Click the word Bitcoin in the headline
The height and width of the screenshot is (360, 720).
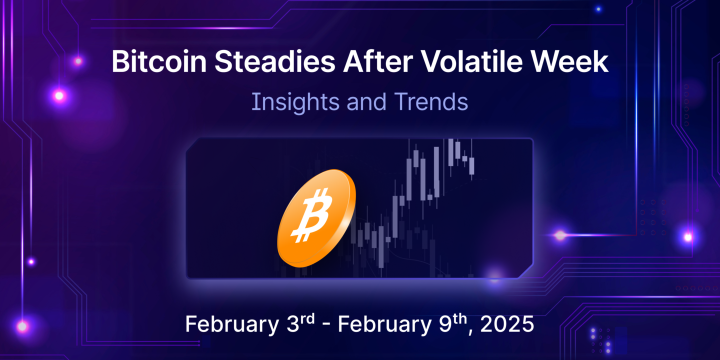tap(159, 61)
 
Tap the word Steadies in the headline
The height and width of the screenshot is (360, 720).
tap(275, 61)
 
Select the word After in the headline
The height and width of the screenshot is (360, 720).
tap(378, 61)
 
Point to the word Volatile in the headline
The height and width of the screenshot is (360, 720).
tap(472, 61)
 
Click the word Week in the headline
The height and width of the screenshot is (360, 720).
tap(569, 61)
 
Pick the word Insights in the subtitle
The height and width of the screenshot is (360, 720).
tap(295, 102)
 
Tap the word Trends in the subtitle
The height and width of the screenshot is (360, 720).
tap(431, 102)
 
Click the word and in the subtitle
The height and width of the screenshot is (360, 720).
tap(366, 102)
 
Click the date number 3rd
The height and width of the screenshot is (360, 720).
tap(300, 322)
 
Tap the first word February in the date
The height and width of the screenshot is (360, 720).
tap(232, 324)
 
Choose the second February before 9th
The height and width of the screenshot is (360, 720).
tap(384, 324)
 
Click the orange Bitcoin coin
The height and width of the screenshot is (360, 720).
tap(316, 218)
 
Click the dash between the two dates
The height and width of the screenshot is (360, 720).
tap(326, 325)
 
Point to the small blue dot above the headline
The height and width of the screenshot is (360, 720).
tap(598, 9)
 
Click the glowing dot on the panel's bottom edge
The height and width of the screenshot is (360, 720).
tap(494, 276)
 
